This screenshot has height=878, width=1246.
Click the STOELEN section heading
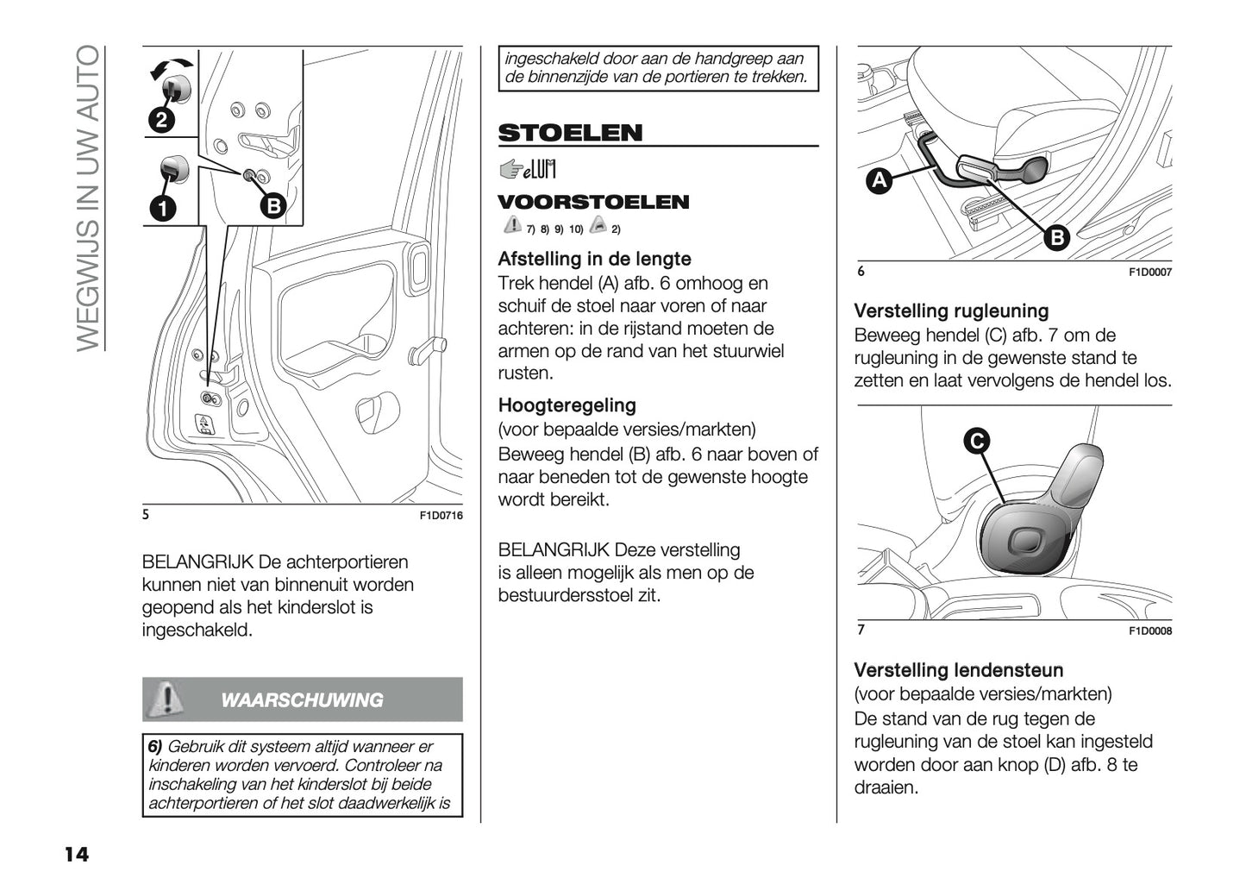point(570,133)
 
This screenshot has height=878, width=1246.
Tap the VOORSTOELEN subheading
point(593,203)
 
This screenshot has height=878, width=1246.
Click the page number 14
point(76,855)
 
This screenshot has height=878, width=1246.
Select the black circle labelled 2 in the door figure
point(161,120)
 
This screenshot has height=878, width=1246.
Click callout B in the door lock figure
point(272,206)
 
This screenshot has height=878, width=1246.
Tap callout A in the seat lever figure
point(879,181)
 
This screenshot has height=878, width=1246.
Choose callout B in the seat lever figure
point(1056,238)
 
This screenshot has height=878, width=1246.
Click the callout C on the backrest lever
point(976,442)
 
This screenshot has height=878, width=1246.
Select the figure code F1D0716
point(441,516)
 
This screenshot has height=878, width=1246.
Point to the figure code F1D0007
point(1150,273)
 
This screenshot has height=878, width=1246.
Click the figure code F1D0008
point(1150,631)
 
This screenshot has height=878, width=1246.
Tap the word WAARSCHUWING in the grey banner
point(302,700)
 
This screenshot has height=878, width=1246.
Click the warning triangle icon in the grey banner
point(165,699)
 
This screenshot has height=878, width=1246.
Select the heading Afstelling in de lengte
point(594,259)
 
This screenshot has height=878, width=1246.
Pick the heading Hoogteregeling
point(567,405)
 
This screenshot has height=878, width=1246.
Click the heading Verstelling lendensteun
point(958,670)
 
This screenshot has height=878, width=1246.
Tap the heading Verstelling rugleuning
point(951,311)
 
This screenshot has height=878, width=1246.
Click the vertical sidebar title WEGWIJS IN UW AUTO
point(88,198)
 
